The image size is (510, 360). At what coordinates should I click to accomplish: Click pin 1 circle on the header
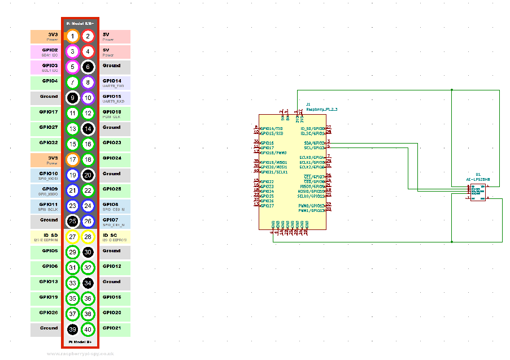tap(73, 36)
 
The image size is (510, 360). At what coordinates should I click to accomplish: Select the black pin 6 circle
tap(88, 67)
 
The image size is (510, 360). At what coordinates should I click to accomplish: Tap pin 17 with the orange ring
tap(73, 159)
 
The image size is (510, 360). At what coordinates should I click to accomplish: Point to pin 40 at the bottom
tap(88, 329)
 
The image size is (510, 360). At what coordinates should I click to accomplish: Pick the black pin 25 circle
tap(73, 221)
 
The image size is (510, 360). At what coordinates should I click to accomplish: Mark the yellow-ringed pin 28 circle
tap(88, 237)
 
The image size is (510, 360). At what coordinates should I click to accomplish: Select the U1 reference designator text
tap(478, 175)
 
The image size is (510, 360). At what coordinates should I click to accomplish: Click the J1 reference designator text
tap(308, 105)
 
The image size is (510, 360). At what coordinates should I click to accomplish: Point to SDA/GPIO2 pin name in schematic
tap(314, 143)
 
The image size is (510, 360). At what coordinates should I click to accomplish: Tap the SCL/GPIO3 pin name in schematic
tap(314, 148)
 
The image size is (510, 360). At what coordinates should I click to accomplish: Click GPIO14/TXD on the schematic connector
tap(272, 128)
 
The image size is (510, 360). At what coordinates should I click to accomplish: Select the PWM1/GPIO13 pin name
tap(312, 210)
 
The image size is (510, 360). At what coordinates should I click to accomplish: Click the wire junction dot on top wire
tap(452, 89)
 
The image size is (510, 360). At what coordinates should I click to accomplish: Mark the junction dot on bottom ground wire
tap(452, 241)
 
